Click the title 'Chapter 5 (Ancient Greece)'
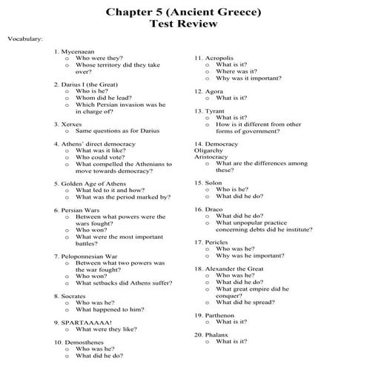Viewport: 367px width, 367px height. coord(183,11)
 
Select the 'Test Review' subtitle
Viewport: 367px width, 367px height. coord(183,24)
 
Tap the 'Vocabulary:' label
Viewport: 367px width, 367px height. coord(24,38)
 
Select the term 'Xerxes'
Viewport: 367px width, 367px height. coord(72,125)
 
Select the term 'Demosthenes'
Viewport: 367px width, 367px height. coord(82,343)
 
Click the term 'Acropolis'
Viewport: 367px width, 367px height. coord(219,58)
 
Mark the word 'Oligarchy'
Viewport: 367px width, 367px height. coord(208,151)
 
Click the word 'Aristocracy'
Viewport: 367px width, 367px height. coord(211,157)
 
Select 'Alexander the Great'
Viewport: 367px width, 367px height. coord(231,268)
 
